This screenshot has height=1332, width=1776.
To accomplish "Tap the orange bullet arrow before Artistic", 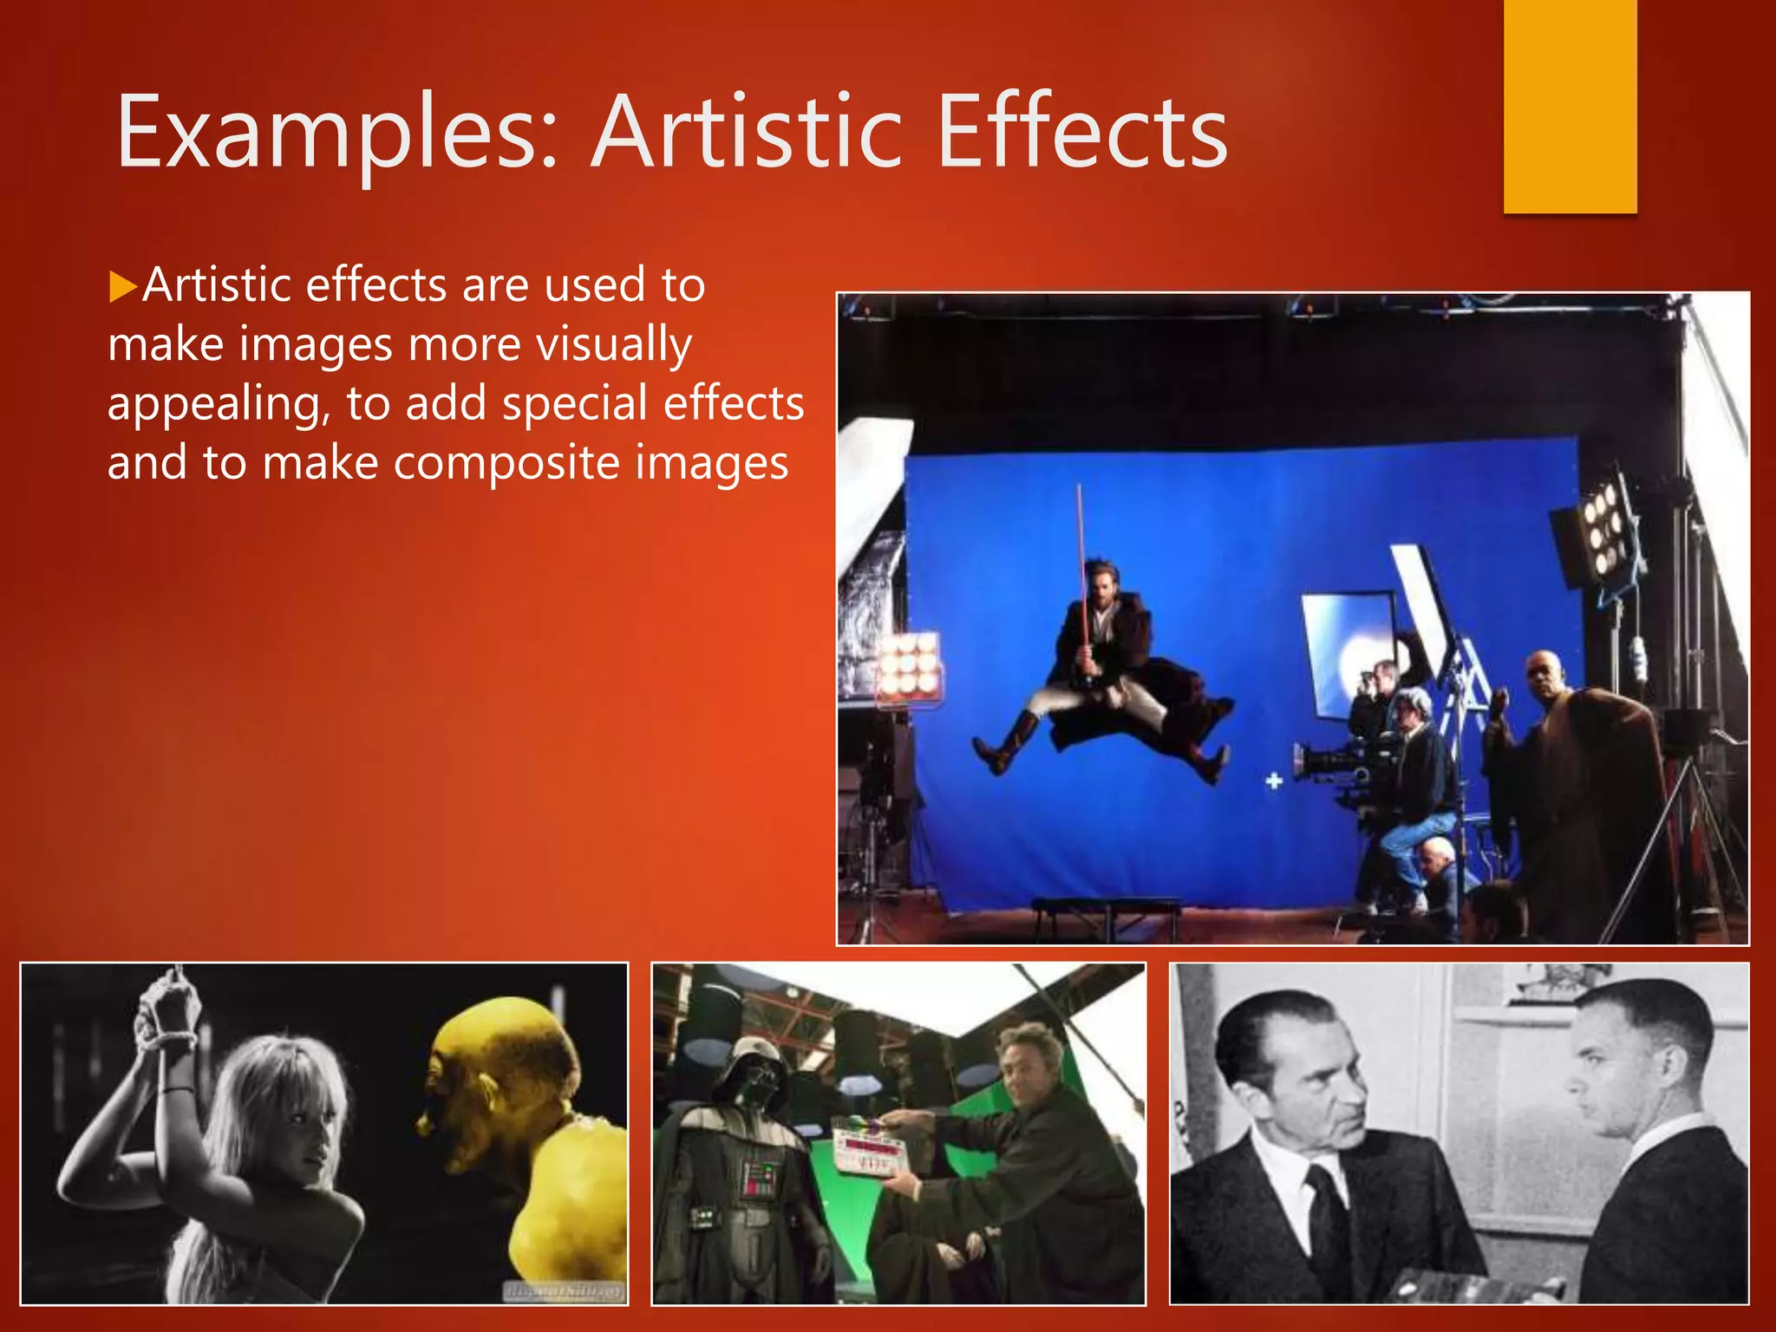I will (124, 285).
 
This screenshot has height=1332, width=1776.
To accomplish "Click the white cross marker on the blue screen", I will (1274, 781).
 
